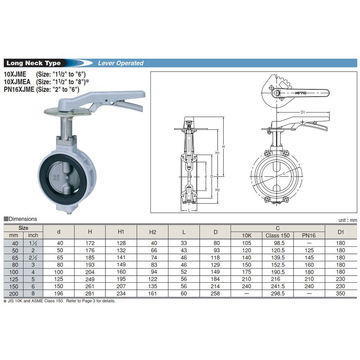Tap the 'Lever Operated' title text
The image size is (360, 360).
point(121,63)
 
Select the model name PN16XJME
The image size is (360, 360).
point(19,89)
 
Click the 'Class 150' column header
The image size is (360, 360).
point(278,235)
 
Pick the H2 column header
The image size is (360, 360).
point(153,232)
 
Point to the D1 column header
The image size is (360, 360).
point(341,232)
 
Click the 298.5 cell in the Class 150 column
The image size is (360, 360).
point(278,294)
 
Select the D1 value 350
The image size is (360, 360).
point(340,294)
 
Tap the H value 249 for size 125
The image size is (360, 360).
point(90,279)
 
